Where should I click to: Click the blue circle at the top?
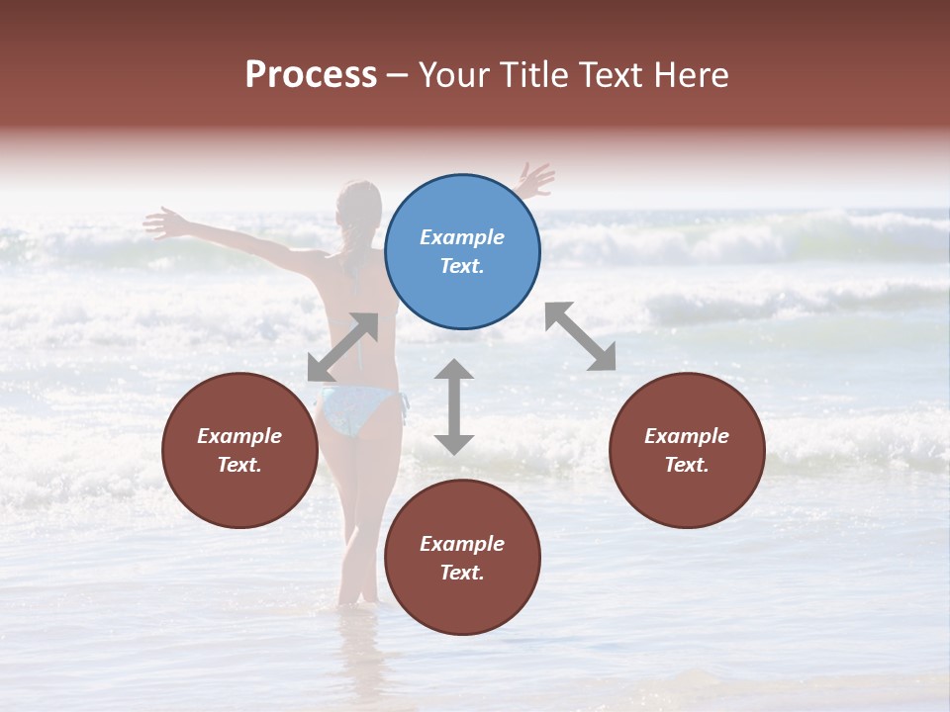462,252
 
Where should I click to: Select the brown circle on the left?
240,450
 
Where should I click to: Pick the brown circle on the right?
687,450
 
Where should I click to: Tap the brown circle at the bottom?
462,558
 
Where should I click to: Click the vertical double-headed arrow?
454,406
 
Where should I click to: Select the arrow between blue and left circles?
342,346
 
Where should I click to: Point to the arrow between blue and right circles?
580,336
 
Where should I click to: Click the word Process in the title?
311,75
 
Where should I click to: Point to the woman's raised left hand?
163,222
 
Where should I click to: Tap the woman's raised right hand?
535,180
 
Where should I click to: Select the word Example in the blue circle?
462,237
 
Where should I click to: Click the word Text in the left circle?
238,465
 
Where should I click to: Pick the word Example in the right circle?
687,436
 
